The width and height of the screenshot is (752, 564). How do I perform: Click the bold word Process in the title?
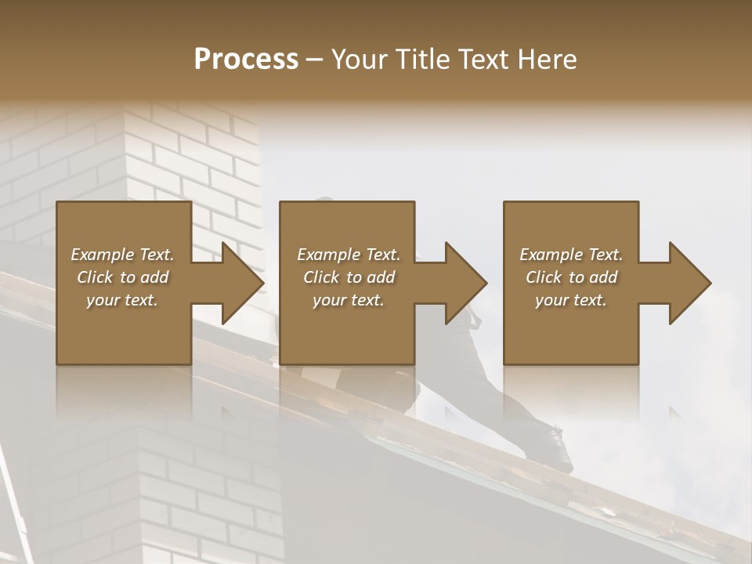pos(246,60)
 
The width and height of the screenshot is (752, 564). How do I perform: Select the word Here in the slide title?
pos(546,60)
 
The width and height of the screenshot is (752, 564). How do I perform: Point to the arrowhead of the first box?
pos(242,283)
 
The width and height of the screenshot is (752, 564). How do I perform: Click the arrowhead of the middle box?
pos(465,283)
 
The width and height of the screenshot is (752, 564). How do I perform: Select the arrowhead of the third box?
pos(689,283)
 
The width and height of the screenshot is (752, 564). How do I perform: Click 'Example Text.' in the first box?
pos(122,255)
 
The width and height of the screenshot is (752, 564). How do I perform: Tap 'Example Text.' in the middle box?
pos(349,255)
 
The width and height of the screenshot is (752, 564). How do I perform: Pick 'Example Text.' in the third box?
pos(571,255)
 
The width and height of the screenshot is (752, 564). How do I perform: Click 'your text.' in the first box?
pos(122,300)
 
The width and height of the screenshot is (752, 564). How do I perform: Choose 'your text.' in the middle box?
pos(349,300)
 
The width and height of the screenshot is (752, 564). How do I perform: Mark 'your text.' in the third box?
pos(571,300)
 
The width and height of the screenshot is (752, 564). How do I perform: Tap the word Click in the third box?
pos(544,277)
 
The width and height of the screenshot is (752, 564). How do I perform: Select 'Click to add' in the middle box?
pos(349,277)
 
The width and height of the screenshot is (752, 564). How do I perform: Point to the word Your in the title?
pos(357,60)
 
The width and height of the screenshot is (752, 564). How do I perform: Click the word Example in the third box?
pos(551,255)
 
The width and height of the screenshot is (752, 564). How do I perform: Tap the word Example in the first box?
pos(102,255)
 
